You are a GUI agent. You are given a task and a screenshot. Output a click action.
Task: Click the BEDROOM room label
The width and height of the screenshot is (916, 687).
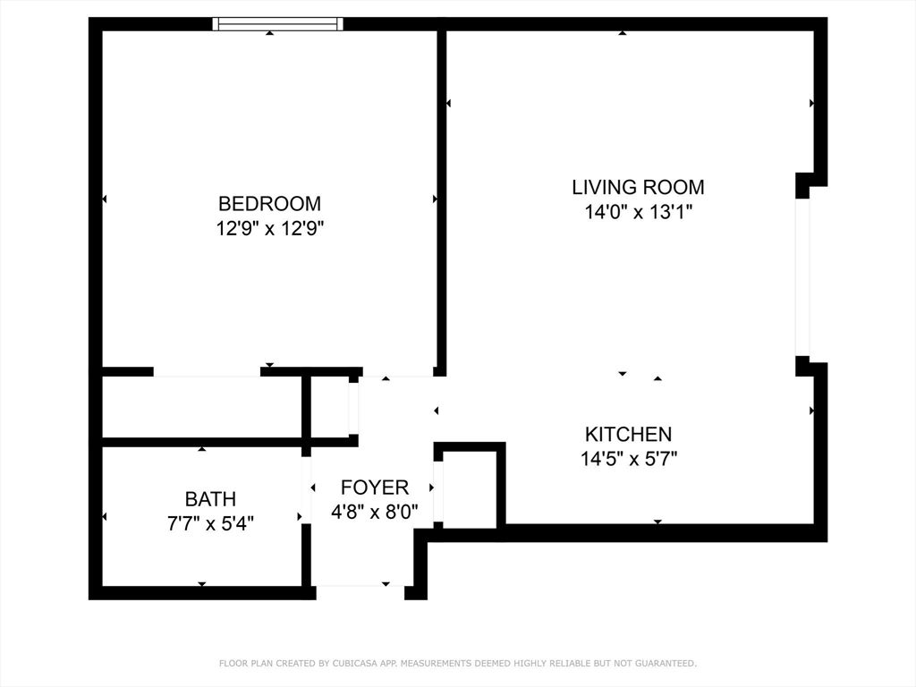tap(269, 203)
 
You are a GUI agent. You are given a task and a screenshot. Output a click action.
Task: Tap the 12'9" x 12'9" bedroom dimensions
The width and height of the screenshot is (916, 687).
tap(269, 228)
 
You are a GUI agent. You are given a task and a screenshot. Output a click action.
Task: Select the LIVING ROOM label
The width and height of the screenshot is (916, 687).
tap(638, 187)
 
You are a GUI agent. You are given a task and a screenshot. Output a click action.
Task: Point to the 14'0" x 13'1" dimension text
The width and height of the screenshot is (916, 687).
tap(638, 212)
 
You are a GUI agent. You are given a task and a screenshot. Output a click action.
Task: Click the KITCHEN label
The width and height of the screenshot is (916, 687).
tap(628, 435)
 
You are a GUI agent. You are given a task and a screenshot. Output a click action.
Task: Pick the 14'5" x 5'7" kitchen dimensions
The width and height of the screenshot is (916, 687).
tap(628, 460)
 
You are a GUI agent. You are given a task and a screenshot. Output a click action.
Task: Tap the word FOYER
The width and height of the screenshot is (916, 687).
tap(375, 488)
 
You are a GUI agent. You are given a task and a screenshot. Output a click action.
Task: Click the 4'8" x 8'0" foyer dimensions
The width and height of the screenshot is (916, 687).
tap(375, 513)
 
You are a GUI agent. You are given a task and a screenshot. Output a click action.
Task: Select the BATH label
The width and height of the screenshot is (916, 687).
tap(210, 499)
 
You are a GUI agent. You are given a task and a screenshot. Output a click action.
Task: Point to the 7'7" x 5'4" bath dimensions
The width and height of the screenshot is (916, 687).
tap(210, 523)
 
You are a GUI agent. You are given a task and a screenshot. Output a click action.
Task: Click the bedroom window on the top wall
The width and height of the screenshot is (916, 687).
tap(277, 24)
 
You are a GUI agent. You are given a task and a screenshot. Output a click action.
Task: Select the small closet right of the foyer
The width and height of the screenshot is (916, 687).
tap(470, 488)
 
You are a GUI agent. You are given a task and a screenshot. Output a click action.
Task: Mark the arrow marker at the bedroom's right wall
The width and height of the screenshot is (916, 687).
tap(436, 199)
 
